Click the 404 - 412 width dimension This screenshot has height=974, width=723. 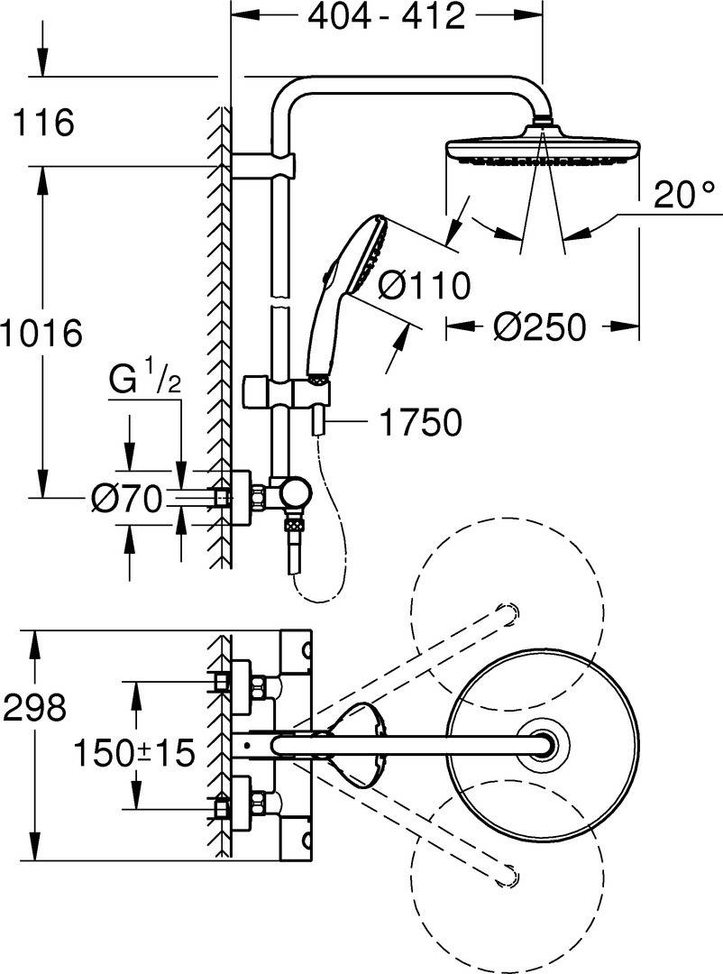tap(387, 17)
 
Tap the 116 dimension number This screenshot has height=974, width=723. tap(43, 123)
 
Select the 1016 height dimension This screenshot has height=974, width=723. tap(41, 333)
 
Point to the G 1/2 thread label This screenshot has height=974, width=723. tap(145, 381)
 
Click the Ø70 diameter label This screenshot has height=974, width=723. tap(127, 499)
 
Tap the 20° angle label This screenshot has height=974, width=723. tap(684, 196)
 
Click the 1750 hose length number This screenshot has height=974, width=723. tap(420, 423)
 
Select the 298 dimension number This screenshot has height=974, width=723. tap(35, 707)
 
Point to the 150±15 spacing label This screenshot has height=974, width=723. tap(134, 753)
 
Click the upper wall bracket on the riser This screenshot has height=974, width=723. tap(263, 166)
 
